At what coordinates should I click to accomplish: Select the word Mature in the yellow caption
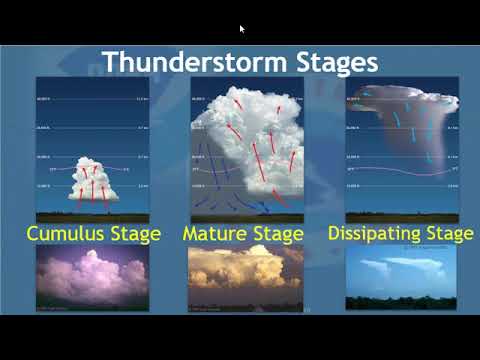216,234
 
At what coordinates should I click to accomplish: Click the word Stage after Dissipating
449,234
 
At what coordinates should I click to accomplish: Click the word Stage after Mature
277,234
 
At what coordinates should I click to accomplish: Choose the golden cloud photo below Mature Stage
244,277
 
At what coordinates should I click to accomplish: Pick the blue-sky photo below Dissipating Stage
400,270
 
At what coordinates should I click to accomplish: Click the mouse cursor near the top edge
242,29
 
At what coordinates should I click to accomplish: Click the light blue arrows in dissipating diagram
400,130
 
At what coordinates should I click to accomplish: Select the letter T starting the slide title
112,61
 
